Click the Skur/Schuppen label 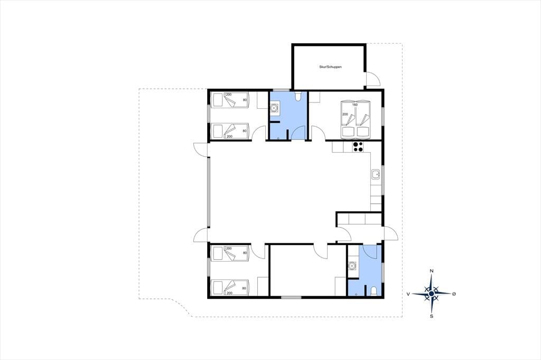click(x=330, y=67)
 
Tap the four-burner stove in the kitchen click(x=358, y=147)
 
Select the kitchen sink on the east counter click(x=376, y=175)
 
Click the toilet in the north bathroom click(x=299, y=96)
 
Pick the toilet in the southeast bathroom click(x=373, y=291)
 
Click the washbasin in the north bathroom click(x=274, y=108)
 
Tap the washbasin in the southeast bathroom click(x=352, y=266)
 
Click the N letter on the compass click(x=431, y=271)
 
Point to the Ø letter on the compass click(x=454, y=294)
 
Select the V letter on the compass click(x=408, y=294)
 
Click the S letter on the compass click(x=431, y=316)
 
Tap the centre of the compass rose click(x=431, y=294)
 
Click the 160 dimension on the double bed click(x=355, y=105)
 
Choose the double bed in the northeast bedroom click(x=356, y=119)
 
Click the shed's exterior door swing click(x=373, y=79)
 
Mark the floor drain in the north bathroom click(x=278, y=138)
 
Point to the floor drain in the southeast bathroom click(x=357, y=294)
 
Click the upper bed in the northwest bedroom click(x=230, y=100)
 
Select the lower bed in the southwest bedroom click(x=230, y=288)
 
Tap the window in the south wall click(x=291, y=297)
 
